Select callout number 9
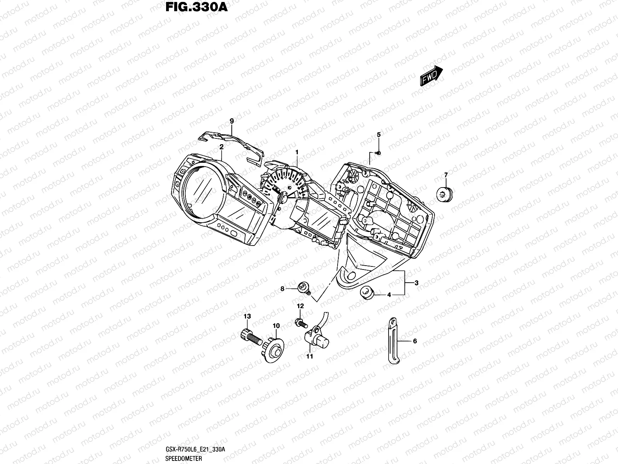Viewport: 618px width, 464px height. pyautogui.click(x=232, y=121)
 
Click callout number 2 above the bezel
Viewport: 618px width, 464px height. pyautogui.click(x=221, y=147)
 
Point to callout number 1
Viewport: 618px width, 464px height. pyautogui.click(x=297, y=152)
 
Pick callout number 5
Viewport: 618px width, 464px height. pyautogui.click(x=379, y=135)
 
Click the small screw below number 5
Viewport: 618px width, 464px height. pyautogui.click(x=378, y=153)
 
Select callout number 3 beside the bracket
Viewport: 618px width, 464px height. pyautogui.click(x=416, y=283)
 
